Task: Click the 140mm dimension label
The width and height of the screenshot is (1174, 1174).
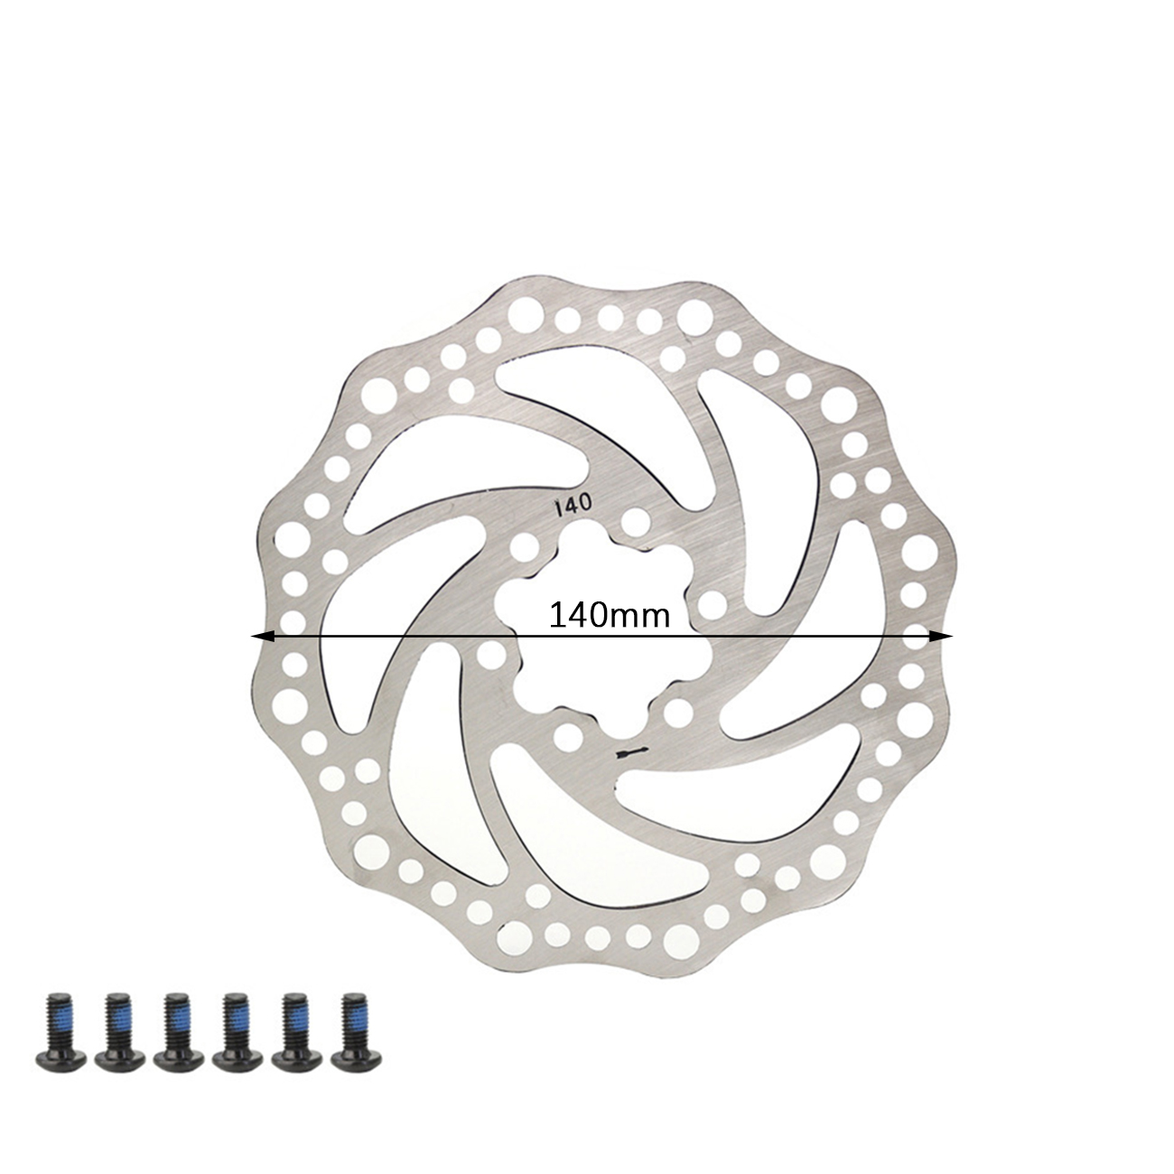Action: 610,616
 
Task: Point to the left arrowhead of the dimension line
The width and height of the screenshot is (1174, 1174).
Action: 261,637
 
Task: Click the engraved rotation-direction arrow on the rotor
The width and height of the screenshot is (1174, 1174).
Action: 634,752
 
